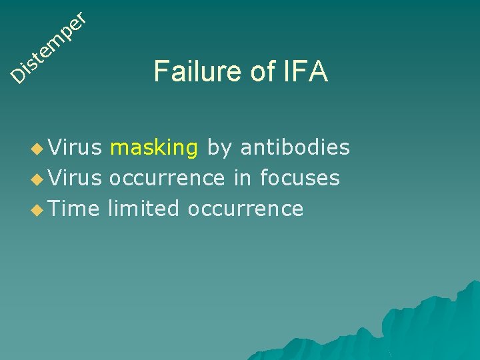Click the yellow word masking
154,147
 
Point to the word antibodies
295,147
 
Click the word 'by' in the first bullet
219,148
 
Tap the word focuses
300,178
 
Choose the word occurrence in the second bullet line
167,179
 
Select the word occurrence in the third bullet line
246,209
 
